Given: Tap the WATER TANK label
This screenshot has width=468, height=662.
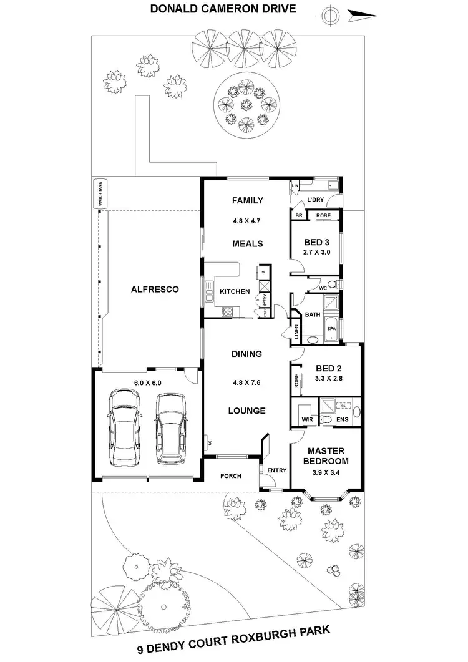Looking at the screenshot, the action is [x=98, y=194].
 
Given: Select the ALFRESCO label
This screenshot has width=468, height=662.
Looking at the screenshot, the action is [x=155, y=290].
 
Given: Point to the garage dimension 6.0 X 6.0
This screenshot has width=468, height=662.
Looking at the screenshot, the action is [x=147, y=383].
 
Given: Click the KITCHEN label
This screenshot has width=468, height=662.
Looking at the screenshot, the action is [x=235, y=291].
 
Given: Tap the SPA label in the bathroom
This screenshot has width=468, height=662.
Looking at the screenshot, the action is [x=332, y=328].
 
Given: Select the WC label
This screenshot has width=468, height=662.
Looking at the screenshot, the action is [x=323, y=288].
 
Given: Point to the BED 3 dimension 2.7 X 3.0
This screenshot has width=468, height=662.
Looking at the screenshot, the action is [x=316, y=253].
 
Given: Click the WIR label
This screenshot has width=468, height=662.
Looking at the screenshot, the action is [x=306, y=419].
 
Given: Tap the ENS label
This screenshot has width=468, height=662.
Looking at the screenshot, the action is [x=343, y=419].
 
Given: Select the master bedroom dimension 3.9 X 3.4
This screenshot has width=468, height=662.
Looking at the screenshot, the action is [x=326, y=473].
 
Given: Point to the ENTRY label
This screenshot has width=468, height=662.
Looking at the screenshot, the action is [x=275, y=470].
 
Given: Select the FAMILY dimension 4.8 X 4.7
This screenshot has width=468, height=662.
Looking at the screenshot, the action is [x=248, y=220].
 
